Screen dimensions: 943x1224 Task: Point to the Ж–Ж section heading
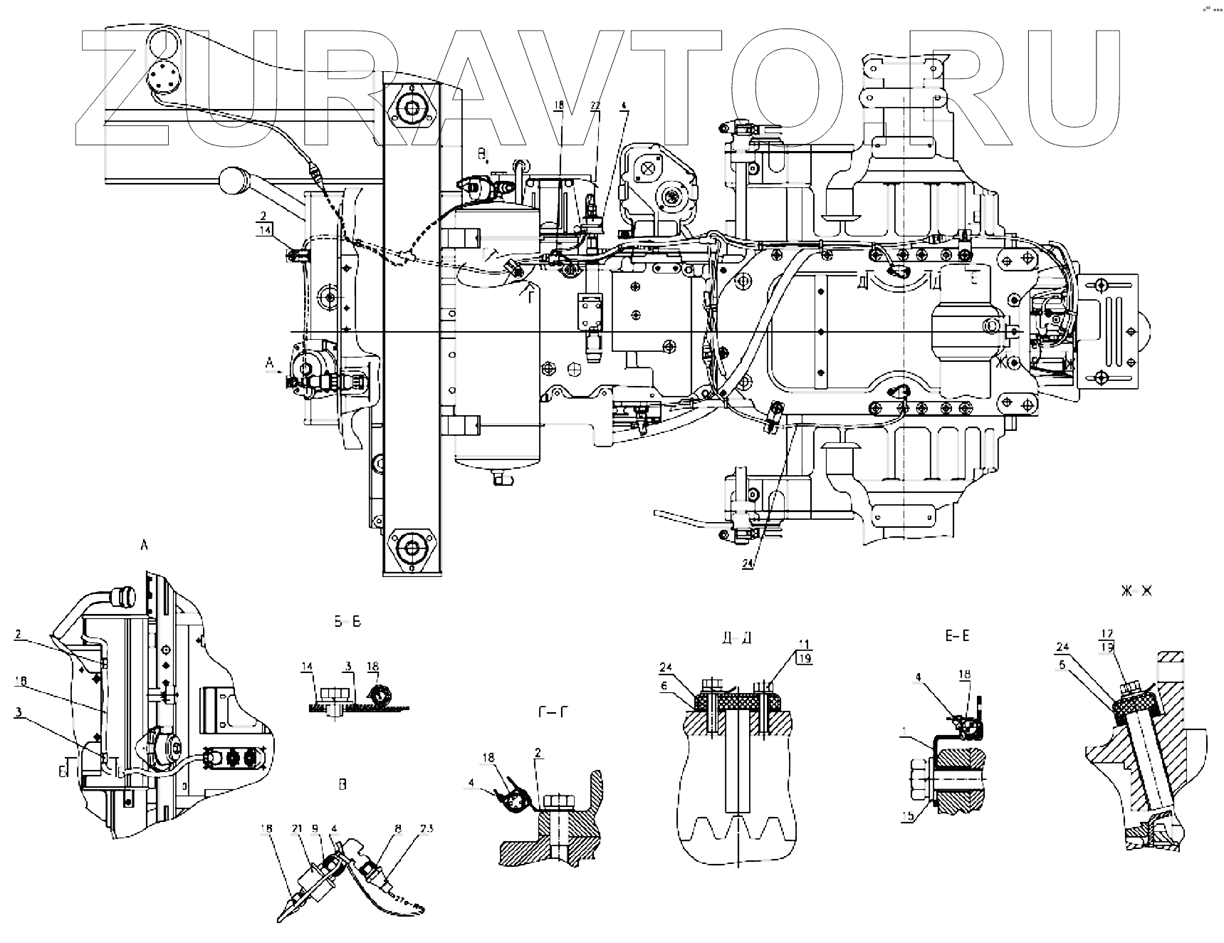tap(1136, 591)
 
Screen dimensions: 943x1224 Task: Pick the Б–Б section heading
tap(347, 622)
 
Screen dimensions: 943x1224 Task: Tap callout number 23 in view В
tap(427, 828)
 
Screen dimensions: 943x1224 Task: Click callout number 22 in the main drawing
tap(595, 105)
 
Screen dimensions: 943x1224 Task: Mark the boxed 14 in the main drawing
tap(265, 229)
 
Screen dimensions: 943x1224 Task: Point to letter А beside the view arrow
tap(269, 363)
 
